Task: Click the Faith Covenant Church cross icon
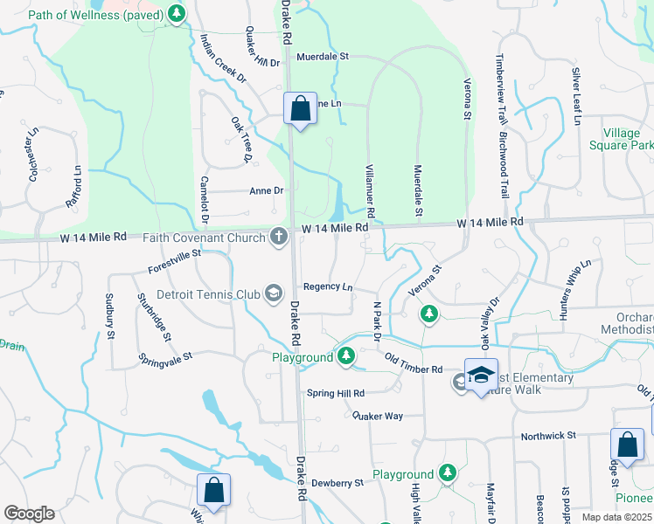279,237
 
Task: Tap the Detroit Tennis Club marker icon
274,293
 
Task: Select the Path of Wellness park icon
177,13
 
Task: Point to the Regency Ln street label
328,287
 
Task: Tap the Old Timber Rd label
414,364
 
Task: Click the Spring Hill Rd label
335,394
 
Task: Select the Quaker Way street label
378,416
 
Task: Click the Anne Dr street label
267,190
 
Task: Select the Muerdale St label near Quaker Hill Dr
323,57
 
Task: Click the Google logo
29,514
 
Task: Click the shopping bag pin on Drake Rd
300,109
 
